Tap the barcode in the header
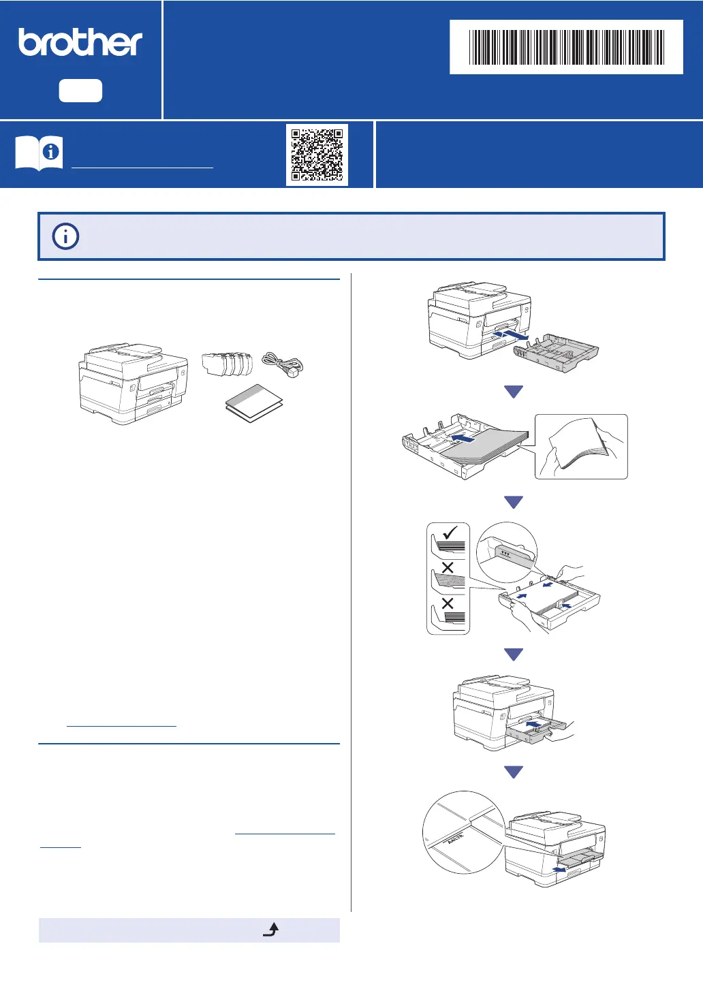566,47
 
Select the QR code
317,155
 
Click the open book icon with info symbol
39,153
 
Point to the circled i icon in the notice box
65,236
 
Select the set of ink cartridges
228,364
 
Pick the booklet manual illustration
253,403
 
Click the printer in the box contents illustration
134,383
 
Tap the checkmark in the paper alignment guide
450,532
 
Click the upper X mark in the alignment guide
448,567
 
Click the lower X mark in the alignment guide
448,603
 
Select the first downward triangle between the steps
514,392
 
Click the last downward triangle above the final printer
514,772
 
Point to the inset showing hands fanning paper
580,446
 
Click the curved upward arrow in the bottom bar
271,930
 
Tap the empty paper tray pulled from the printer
556,352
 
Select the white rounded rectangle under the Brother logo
80,91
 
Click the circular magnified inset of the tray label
463,832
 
